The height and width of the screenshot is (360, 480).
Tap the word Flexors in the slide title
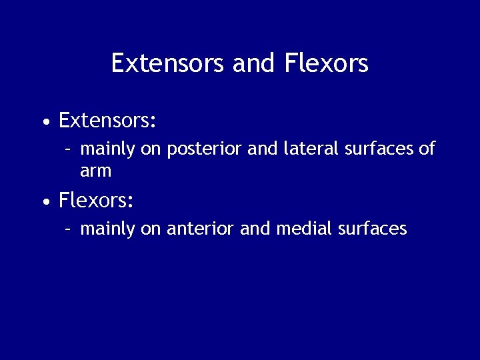coord(326,63)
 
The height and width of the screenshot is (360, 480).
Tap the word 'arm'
coord(95,171)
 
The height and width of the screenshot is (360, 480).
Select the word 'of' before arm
coord(427,149)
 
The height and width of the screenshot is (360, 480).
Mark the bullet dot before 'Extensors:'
coord(45,123)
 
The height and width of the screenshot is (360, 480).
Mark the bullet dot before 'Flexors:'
coord(45,201)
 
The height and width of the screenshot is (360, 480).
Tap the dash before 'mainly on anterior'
coord(68,229)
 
